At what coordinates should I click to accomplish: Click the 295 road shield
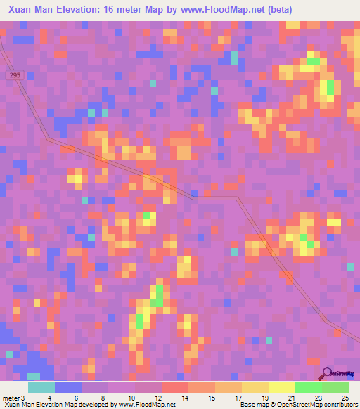(15, 74)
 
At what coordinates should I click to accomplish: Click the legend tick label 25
(335, 398)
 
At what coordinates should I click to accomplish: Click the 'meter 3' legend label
(13, 398)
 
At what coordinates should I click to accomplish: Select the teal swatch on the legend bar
(41, 387)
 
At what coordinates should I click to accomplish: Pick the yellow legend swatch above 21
(282, 387)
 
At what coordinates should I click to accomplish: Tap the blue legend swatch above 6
(68, 387)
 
